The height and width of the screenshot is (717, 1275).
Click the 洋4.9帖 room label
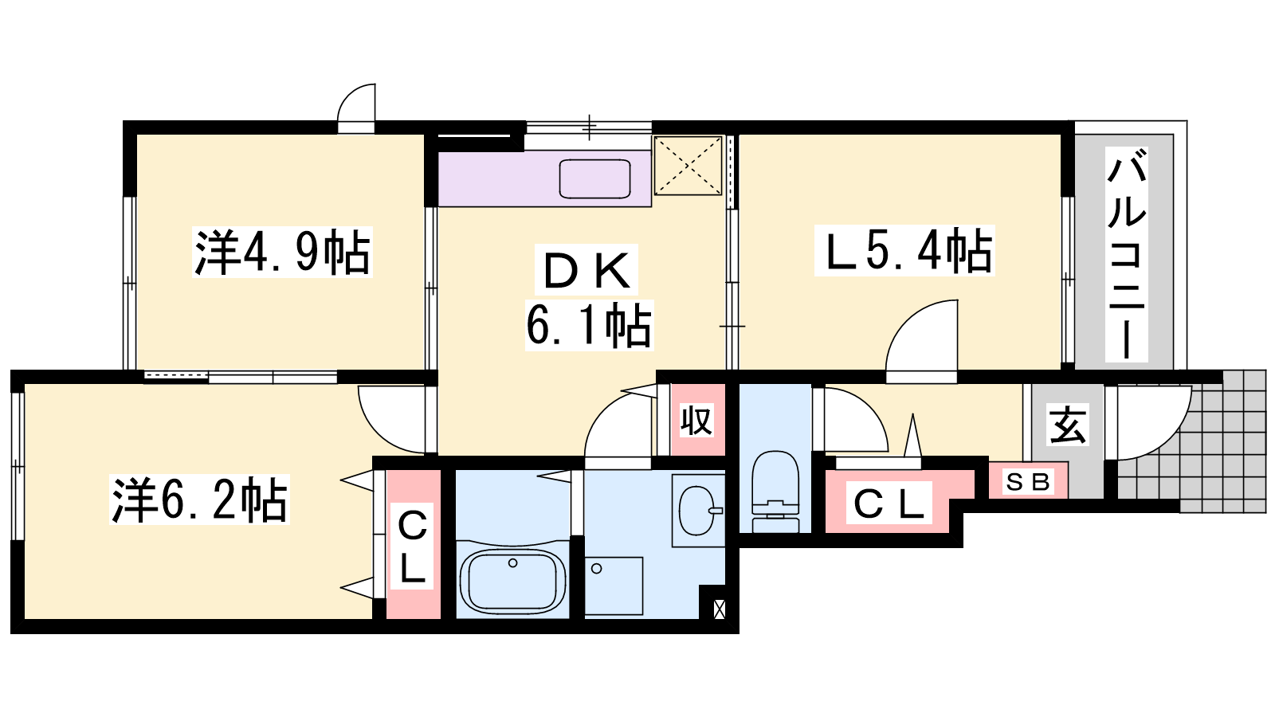click(x=282, y=252)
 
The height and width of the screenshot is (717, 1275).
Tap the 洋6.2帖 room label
click(x=199, y=500)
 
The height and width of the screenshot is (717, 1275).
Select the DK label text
click(x=586, y=270)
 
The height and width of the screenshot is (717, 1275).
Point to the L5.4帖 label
click(x=904, y=250)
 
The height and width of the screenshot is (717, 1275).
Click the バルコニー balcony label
click(x=1127, y=254)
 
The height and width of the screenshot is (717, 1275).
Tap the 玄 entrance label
click(x=1068, y=424)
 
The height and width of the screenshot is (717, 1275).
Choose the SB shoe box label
click(x=1028, y=482)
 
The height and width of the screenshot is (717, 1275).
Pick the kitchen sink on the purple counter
click(x=594, y=178)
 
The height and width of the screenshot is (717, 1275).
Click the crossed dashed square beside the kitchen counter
click(x=688, y=166)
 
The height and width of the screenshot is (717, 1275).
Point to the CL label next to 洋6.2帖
click(x=412, y=547)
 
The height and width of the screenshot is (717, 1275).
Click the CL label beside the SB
click(x=889, y=503)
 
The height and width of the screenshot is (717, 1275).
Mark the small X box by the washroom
click(x=719, y=609)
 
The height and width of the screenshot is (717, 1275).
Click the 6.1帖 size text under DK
click(x=589, y=326)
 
